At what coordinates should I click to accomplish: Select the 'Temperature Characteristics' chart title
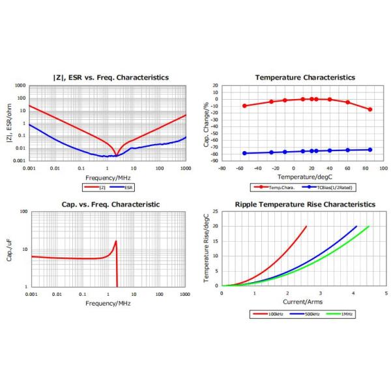pos(296,76)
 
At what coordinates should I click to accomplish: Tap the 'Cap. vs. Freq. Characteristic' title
pos(103,204)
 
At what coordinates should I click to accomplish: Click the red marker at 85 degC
pos(370,109)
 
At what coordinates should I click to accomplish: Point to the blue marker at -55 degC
pos(244,153)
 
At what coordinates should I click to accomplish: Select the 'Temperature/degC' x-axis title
pos(297,177)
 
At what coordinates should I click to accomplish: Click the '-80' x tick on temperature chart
pos(222,168)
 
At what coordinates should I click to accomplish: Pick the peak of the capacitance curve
pos(116,241)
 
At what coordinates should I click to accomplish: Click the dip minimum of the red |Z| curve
pos(115,155)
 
